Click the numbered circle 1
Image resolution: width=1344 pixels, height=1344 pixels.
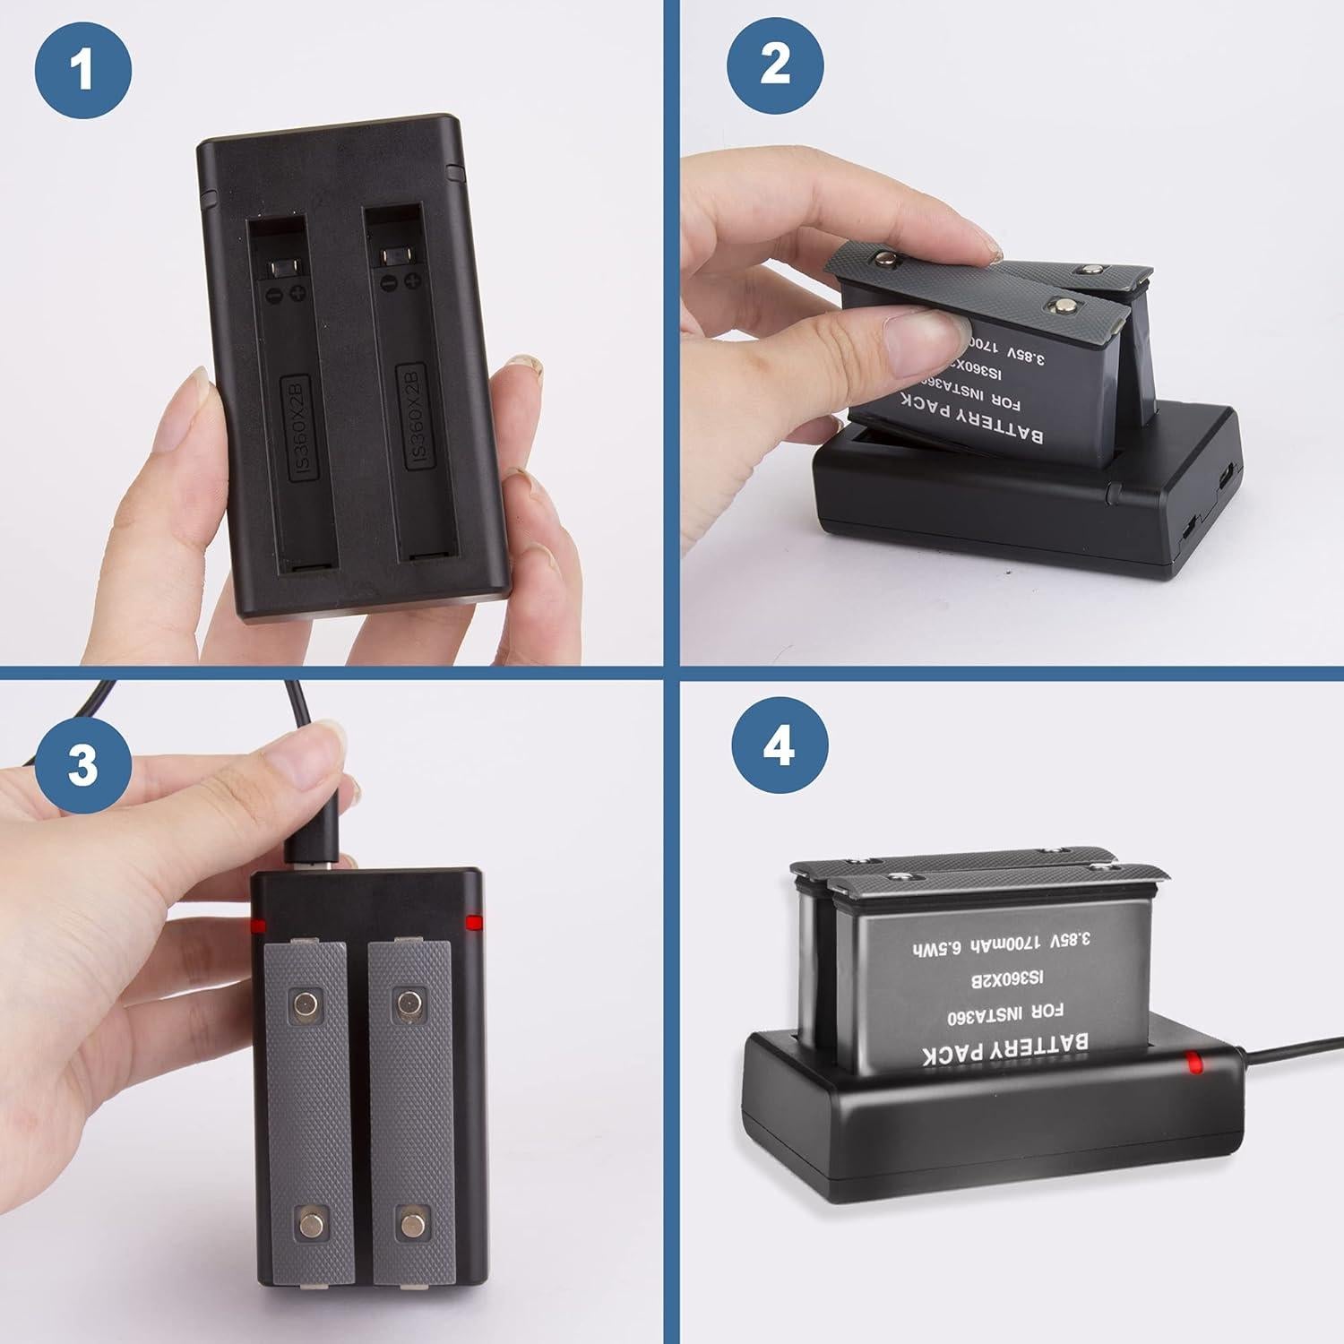83,70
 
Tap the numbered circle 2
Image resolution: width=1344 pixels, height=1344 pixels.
775,65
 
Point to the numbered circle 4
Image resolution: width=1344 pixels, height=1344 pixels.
779,744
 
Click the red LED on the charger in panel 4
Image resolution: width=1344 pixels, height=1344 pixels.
1193,1064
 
